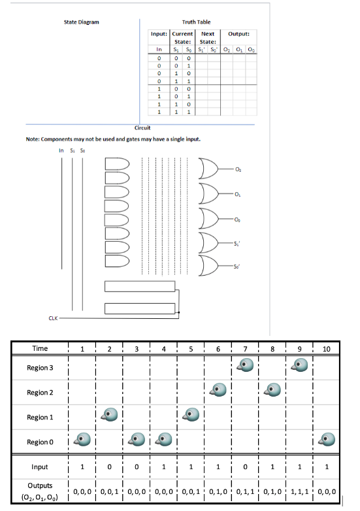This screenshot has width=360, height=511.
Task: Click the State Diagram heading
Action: (82, 22)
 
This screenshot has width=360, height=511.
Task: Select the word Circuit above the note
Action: (142, 128)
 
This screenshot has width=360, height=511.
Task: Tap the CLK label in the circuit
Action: (54, 318)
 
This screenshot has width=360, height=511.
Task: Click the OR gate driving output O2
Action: (209, 169)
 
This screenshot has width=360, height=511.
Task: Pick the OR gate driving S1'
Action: (209, 243)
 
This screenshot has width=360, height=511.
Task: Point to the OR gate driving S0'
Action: (209, 267)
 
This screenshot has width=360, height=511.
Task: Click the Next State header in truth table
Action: (208, 37)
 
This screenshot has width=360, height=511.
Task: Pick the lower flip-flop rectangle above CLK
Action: (140, 308)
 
